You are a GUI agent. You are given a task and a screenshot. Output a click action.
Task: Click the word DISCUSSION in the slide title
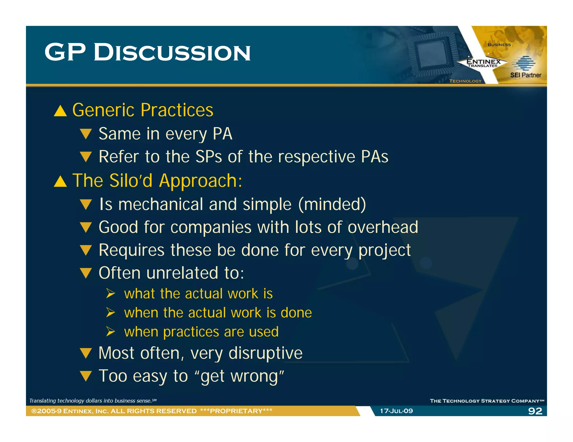pos(172,53)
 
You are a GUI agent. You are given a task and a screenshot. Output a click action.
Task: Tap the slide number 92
pos(535,411)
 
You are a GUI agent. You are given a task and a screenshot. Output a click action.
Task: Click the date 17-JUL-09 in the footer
pos(396,411)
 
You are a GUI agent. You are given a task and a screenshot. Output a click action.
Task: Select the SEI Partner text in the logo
pos(525,75)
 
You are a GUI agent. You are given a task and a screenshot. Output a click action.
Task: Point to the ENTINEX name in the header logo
pos(483,61)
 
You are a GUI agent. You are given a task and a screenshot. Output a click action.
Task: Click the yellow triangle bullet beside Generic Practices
pos(60,111)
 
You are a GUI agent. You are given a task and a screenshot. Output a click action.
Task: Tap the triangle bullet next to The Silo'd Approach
pos(60,182)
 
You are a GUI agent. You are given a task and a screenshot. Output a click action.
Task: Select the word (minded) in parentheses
pos(332,205)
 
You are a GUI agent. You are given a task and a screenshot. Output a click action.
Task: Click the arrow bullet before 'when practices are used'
pos(111,332)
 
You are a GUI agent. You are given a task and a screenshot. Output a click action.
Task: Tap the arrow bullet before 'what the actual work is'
pos(111,294)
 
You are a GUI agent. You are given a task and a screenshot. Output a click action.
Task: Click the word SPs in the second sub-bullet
pos(208,156)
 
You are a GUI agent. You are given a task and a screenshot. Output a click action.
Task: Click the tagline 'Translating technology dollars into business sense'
pos(92,401)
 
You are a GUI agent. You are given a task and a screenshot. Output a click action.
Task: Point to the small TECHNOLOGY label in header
pos(465,81)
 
